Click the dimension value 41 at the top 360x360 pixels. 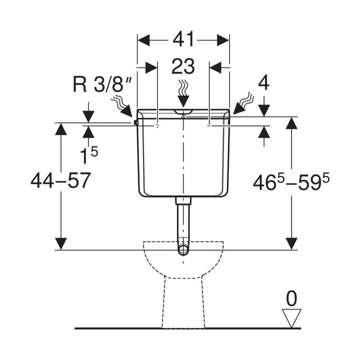point(183,39)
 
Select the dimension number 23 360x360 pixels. point(183,66)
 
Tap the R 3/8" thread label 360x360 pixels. point(102,84)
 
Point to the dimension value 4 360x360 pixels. point(263,84)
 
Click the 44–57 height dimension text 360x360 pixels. point(60,180)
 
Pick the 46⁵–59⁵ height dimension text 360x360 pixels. point(291,181)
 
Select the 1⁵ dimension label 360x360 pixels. point(89,154)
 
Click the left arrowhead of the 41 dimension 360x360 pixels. point(143,40)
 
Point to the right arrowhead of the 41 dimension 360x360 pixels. point(223,40)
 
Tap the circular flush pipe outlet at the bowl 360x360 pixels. point(183,249)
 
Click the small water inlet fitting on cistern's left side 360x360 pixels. point(135,122)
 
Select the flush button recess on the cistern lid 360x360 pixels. point(183,112)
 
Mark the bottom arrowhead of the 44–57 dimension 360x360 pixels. point(61,244)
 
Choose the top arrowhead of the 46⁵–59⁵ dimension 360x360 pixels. point(291,123)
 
